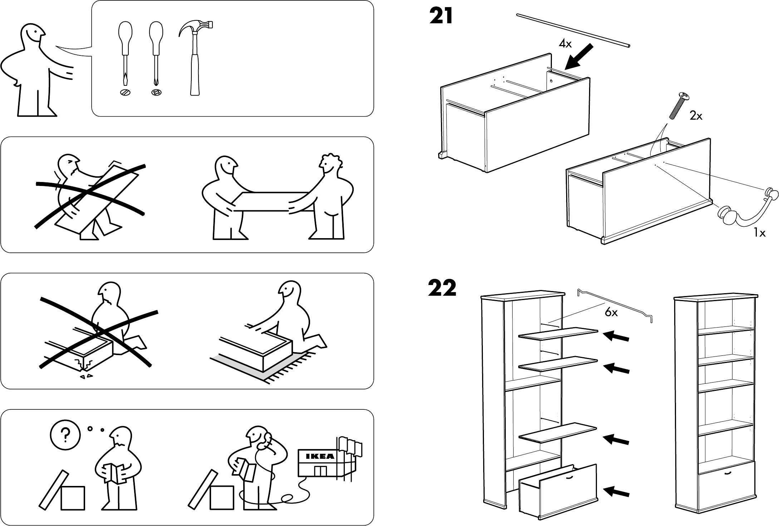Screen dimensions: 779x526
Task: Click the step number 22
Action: [442, 289]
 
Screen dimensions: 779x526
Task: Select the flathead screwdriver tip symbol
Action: [125, 92]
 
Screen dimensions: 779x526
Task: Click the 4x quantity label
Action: [565, 44]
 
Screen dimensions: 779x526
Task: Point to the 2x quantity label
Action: [696, 116]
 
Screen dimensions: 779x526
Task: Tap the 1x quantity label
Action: [759, 233]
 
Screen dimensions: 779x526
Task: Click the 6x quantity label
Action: [612, 313]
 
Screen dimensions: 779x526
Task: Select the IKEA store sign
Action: [320, 456]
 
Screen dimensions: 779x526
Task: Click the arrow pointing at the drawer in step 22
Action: [616, 492]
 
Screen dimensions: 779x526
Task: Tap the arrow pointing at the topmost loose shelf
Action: [616, 336]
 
